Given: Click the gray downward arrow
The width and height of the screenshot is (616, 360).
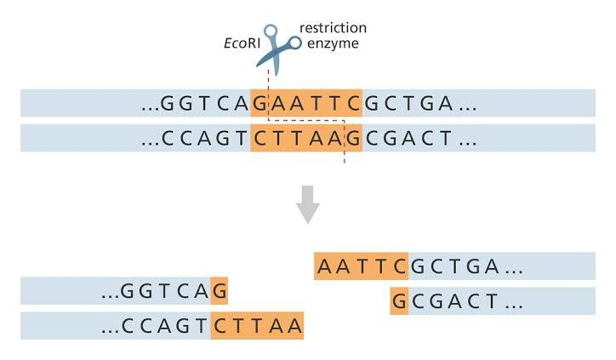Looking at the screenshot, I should [x=307, y=203].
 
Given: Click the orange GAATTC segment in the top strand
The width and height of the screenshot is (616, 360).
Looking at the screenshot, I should [x=306, y=103].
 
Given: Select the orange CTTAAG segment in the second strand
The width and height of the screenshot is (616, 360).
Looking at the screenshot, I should [x=306, y=139].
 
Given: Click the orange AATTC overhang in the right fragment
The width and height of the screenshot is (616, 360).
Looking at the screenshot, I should [x=362, y=266].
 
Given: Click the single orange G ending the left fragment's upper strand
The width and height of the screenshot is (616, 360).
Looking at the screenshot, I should [x=220, y=291].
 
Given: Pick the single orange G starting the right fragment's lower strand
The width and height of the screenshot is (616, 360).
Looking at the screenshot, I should [x=399, y=301].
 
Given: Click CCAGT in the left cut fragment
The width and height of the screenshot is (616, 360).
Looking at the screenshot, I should [x=165, y=326].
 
